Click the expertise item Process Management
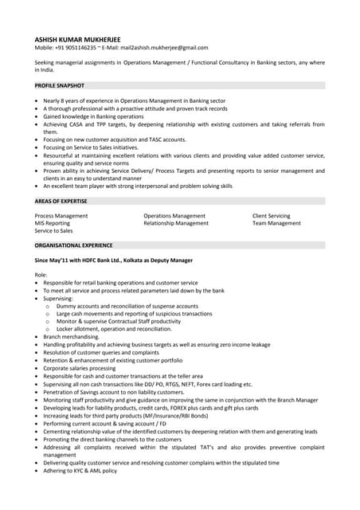pos(61,216)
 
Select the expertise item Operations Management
pos(174,216)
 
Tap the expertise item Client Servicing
pos(272,216)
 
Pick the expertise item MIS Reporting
pos(53,223)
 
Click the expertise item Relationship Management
pos(176,223)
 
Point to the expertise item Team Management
pos(276,223)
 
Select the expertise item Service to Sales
pos(53,230)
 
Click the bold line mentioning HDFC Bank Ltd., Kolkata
pos(113,260)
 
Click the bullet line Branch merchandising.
pos(73,337)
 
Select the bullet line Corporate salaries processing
pos(80,368)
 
